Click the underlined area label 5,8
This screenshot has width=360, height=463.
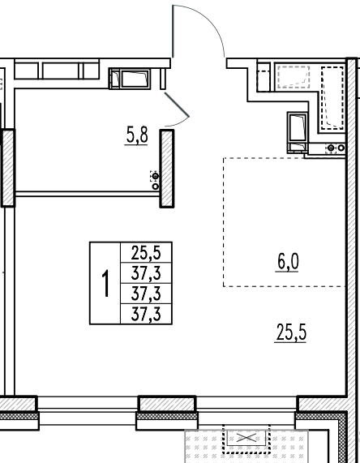(137, 136)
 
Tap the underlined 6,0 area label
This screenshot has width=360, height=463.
(288, 262)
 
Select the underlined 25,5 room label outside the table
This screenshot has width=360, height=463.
(290, 332)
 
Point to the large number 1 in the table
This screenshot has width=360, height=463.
(105, 283)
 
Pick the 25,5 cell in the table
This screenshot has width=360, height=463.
(146, 253)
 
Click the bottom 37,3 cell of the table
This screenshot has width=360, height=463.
(146, 314)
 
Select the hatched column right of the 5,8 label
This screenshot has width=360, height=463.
(167, 169)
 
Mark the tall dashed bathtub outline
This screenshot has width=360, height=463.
(332, 98)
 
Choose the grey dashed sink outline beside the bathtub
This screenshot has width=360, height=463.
(294, 77)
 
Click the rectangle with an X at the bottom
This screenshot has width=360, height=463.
(246, 438)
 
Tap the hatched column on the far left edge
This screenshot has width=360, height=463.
(8, 168)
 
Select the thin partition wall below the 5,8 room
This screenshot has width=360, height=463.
(87, 194)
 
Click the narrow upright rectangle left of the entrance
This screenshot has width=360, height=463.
(163, 79)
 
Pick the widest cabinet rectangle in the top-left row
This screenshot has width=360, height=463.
(61, 71)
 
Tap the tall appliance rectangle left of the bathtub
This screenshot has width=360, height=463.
(298, 127)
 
